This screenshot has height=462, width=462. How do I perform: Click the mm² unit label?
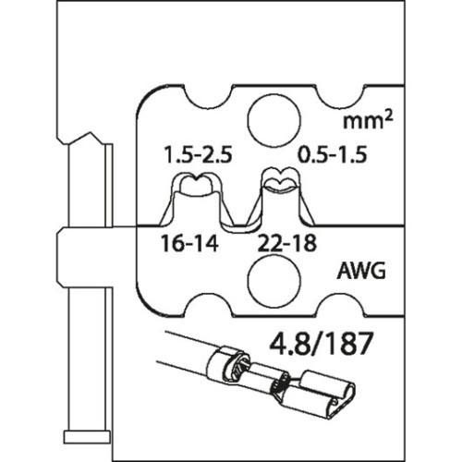pyautogui.click(x=368, y=120)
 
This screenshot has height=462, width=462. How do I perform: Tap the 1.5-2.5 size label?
pyautogui.click(x=198, y=154)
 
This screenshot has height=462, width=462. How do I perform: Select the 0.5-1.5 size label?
pyautogui.click(x=333, y=154)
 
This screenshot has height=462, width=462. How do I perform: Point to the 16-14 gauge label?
pyautogui.click(x=189, y=243)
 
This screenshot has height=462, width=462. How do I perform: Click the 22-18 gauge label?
pyautogui.click(x=286, y=243)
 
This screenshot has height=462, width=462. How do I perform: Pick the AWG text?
pyautogui.click(x=361, y=271)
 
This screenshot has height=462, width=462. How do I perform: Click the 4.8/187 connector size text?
pyautogui.click(x=320, y=344)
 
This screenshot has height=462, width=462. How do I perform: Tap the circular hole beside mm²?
pyautogui.click(x=274, y=121)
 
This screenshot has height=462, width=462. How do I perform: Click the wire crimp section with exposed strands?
pyautogui.click(x=279, y=382)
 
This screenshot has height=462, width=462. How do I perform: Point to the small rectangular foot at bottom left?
pyautogui.click(x=87, y=437)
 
